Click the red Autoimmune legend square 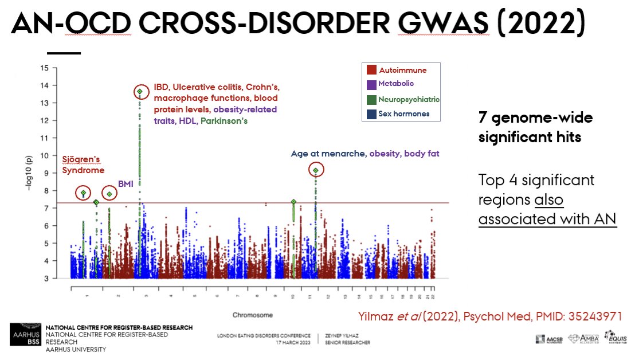pyautogui.click(x=371, y=70)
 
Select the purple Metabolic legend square pyautogui.click(x=371, y=84)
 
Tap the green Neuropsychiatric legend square pyautogui.click(x=371, y=99)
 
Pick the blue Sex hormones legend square pyautogui.click(x=371, y=114)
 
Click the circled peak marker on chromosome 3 pyautogui.click(x=139, y=92)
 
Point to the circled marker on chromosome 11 pyautogui.click(x=316, y=170)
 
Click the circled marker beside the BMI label pyautogui.click(x=109, y=194)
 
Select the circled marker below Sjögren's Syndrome pyautogui.click(x=83, y=193)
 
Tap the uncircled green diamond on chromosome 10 pyautogui.click(x=293, y=202)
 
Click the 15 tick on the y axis pyautogui.click(x=44, y=68)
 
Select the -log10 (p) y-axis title pyautogui.click(x=29, y=173)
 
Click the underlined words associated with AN pyautogui.click(x=547, y=219)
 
